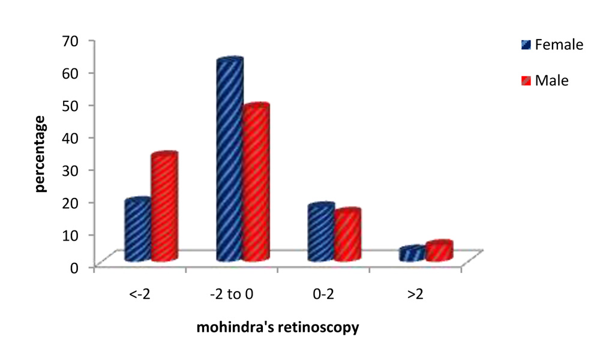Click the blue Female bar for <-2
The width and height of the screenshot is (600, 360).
(137, 230)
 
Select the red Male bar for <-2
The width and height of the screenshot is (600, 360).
(164, 208)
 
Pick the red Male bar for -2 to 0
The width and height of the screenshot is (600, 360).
(256, 183)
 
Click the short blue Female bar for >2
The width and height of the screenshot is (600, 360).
(412, 254)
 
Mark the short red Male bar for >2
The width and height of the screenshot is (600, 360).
(439, 251)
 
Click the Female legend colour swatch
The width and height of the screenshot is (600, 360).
(526, 45)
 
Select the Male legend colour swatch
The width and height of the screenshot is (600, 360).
(526, 80)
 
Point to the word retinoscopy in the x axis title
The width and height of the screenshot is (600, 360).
(327, 328)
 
